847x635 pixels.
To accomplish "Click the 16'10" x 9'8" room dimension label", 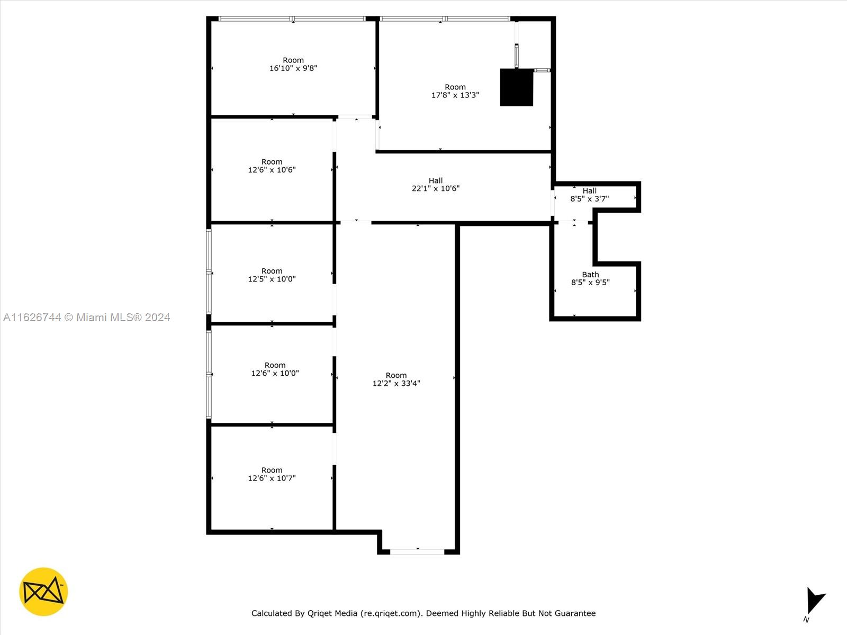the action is click(293, 65).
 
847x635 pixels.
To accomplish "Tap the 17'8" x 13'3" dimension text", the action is click(455, 95).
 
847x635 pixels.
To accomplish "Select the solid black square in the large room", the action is click(516, 87).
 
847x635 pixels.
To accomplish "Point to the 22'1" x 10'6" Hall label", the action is click(436, 185).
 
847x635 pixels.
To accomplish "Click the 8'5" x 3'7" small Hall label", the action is click(590, 195).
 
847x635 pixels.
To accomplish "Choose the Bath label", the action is click(590, 275).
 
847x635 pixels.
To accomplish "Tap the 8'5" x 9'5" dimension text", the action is click(590, 283).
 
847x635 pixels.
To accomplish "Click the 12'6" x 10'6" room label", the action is click(272, 166).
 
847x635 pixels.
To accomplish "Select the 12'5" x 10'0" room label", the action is click(272, 275).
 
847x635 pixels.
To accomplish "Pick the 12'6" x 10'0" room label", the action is click(275, 369).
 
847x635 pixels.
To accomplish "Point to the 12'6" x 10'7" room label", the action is click(272, 474).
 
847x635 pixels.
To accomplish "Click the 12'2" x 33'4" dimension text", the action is click(396, 383).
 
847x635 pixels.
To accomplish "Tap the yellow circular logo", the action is click(43, 592).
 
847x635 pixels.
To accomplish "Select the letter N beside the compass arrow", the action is click(806, 620).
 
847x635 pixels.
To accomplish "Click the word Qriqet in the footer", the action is click(319, 613).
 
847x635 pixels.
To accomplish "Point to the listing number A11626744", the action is click(32, 317).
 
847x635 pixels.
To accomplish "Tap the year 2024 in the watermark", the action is click(157, 317).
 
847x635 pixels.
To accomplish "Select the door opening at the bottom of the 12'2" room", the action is click(417, 552).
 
